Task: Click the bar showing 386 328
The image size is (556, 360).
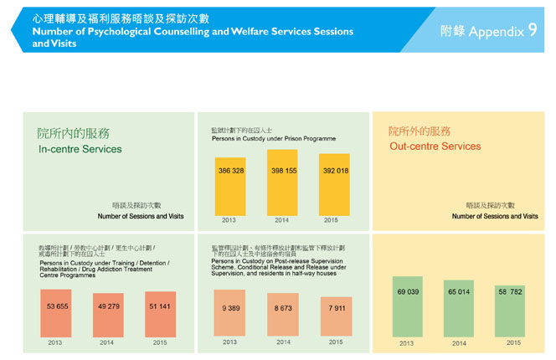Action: [x=231, y=187]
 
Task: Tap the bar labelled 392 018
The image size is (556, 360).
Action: [x=334, y=185]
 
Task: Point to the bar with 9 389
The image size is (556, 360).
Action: [x=230, y=313]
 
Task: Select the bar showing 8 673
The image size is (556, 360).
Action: [x=283, y=315]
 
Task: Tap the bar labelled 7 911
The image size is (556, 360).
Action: [x=335, y=316]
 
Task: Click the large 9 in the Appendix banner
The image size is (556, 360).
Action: [x=533, y=31]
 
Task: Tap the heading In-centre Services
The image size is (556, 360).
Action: [x=80, y=149]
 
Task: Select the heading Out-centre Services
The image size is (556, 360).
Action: [x=435, y=147]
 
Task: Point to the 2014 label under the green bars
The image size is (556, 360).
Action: [x=459, y=343]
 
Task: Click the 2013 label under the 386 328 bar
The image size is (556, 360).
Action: [x=229, y=221]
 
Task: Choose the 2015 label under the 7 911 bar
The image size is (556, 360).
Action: [x=335, y=342]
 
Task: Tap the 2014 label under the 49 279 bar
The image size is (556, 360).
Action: [x=107, y=342]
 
